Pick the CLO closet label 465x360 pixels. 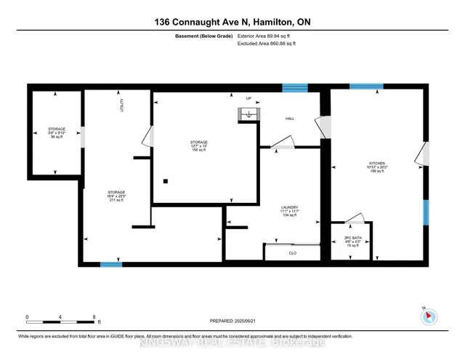point(292,253)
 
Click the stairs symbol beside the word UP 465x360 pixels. point(248,114)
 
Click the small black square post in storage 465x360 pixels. point(166,181)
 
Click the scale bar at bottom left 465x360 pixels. point(60,318)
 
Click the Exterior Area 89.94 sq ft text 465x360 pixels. point(269,35)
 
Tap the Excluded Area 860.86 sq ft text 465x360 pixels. point(269,44)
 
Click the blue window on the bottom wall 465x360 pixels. point(110,265)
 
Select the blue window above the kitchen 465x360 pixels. point(366,87)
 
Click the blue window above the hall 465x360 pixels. point(295,88)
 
